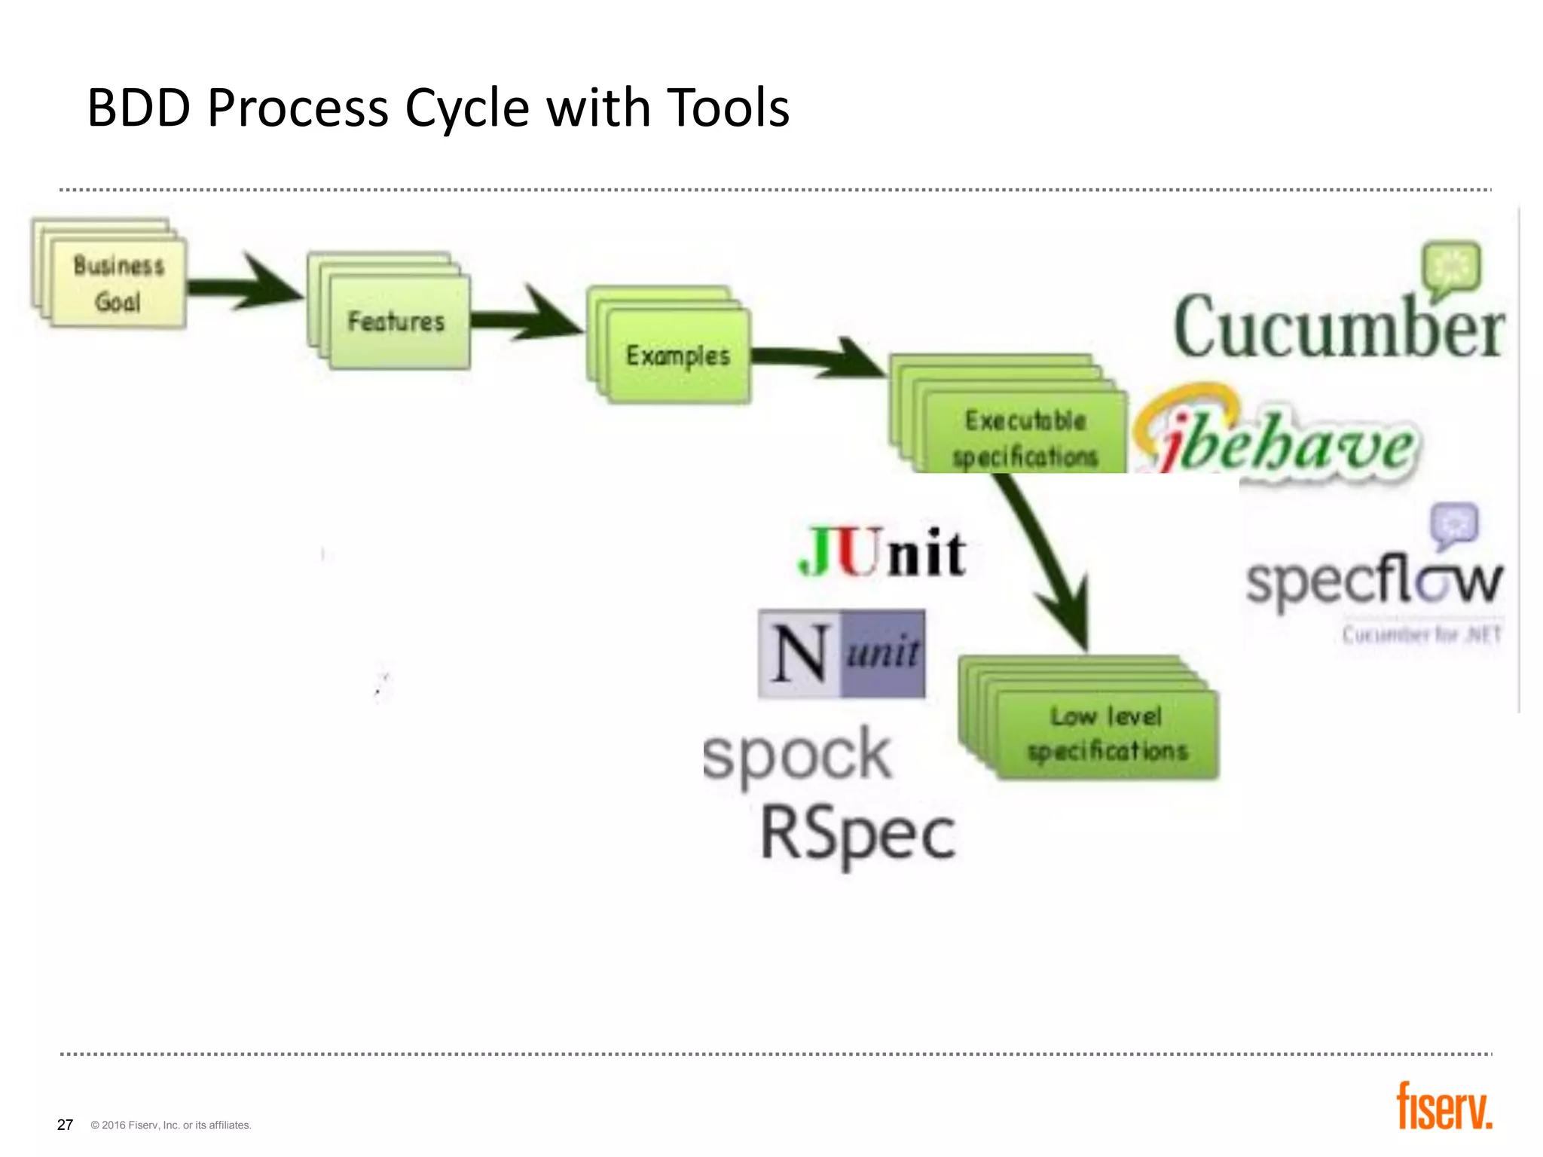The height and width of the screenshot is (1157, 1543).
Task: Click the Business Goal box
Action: pos(118,284)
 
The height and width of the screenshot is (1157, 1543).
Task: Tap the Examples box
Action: pos(678,356)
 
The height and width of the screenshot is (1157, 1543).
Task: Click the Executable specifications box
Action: pos(1025,437)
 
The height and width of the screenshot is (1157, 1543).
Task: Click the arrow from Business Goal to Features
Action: pos(249,284)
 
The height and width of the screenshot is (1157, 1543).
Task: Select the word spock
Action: pos(797,756)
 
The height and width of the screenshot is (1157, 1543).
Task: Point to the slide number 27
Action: pos(66,1125)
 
